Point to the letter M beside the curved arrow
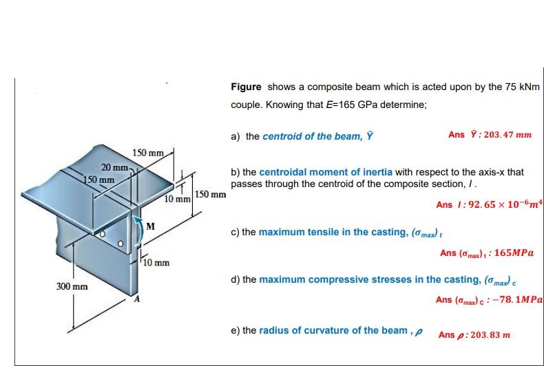click(149, 226)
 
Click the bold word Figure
click(246, 87)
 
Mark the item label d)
click(236, 280)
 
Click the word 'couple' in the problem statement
click(247, 105)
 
